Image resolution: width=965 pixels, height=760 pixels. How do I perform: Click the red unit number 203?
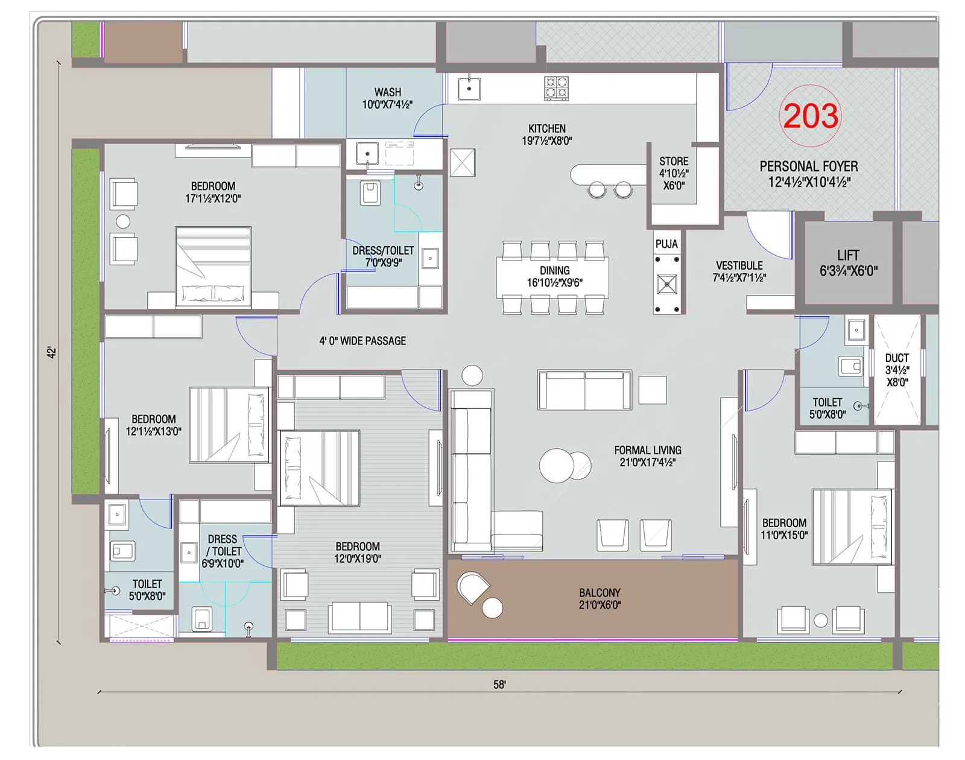[810, 116]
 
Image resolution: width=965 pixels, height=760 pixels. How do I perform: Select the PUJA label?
[666, 244]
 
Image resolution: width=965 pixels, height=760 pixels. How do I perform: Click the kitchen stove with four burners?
[556, 88]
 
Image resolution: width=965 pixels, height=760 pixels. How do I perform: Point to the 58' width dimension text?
[499, 685]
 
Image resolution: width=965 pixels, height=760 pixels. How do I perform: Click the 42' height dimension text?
[52, 352]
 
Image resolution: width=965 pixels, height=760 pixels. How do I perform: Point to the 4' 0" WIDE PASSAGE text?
[362, 341]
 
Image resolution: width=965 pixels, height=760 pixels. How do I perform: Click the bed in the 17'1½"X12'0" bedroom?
[213, 266]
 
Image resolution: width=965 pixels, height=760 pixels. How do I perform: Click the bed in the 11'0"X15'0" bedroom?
[852, 526]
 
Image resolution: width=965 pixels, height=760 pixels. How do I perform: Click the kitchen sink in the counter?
[469, 89]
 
